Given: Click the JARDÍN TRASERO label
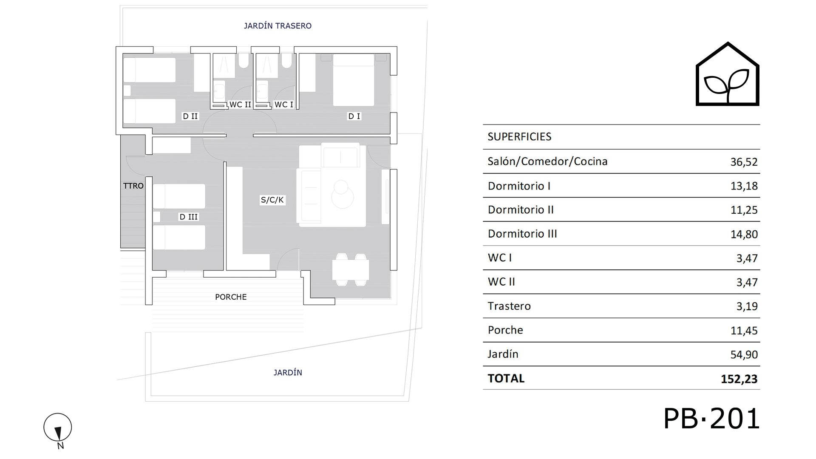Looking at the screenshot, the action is click(x=278, y=26).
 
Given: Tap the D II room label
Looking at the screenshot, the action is click(x=190, y=116).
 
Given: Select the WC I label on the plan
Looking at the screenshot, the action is click(x=284, y=105).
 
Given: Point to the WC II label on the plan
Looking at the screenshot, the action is click(x=240, y=105).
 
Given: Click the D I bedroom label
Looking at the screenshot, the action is click(x=354, y=116).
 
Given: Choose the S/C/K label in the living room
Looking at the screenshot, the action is click(x=272, y=200).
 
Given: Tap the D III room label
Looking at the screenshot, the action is click(x=188, y=217).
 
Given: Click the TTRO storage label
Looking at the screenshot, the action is click(x=133, y=186).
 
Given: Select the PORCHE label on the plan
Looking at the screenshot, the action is click(x=231, y=297).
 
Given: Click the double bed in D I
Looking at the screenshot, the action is click(x=354, y=80).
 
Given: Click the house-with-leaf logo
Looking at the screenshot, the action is click(x=728, y=74).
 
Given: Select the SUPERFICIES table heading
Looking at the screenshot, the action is click(x=519, y=137).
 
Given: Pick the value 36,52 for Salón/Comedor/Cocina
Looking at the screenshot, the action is click(x=744, y=162).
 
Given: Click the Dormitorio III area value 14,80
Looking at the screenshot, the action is click(x=744, y=234).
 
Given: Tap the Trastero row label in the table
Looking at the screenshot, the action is click(x=509, y=306).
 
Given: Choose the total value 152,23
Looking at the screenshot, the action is click(x=739, y=379).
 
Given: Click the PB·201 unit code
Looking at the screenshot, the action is click(x=711, y=419).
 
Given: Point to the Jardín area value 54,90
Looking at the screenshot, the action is click(x=744, y=354).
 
